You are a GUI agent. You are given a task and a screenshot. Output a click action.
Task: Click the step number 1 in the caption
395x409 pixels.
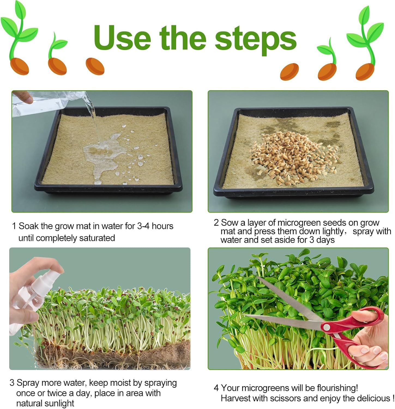pos(14,226)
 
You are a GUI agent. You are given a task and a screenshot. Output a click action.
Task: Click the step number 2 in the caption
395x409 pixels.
pos(216,223)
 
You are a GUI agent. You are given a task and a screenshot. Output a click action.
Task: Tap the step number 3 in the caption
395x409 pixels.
pos(12,383)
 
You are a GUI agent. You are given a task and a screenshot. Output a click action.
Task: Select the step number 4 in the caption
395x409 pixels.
pos(216,388)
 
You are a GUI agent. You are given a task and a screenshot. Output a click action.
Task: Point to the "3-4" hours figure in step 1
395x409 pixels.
pos(143,226)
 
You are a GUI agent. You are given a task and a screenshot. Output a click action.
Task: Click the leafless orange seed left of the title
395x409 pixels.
pos(95,66)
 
